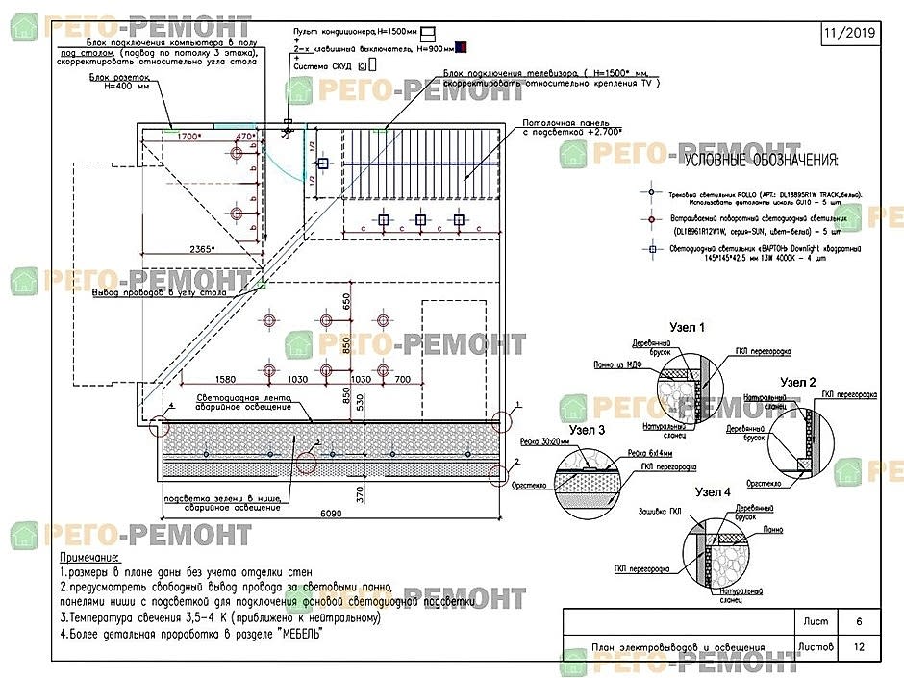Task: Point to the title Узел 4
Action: (713, 492)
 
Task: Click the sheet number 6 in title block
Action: (859, 622)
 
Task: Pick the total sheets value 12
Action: (859, 647)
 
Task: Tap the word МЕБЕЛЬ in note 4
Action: (298, 634)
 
